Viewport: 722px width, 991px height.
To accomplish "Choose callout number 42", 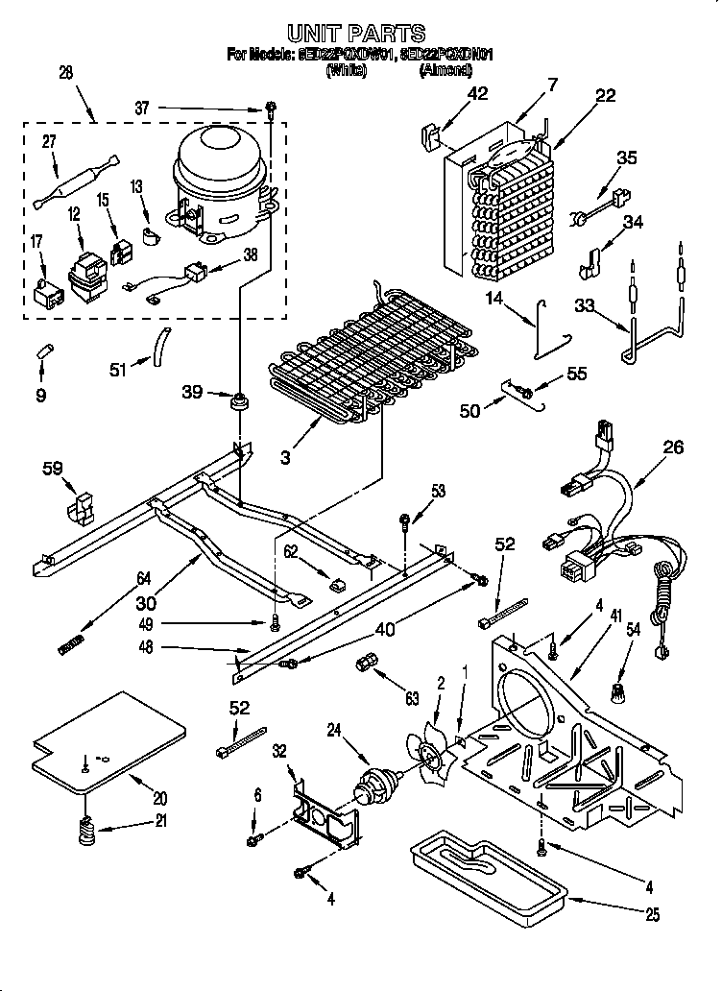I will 477,93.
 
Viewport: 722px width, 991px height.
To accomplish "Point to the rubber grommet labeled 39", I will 235,399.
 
